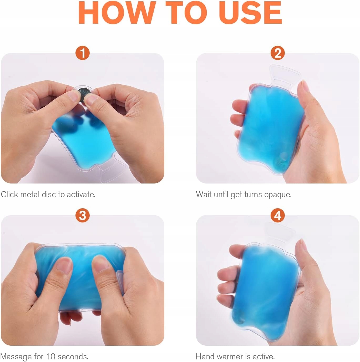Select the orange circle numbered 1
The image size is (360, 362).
(x=83, y=53)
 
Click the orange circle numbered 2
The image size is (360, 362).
(x=278, y=53)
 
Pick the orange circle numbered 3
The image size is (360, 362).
(x=83, y=215)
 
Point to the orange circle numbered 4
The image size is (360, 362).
(x=278, y=215)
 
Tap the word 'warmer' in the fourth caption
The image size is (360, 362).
(x=231, y=356)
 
